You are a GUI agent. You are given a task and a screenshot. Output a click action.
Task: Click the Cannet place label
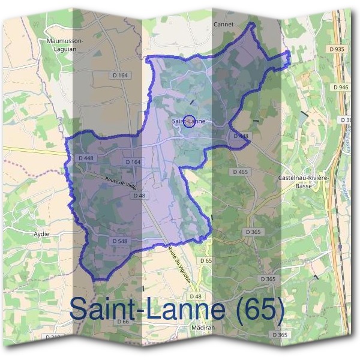point(223,25)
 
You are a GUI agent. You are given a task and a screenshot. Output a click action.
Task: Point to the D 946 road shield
point(340,87)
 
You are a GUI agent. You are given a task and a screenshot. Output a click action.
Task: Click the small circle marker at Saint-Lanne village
point(188,121)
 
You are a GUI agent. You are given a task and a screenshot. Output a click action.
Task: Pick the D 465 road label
point(239,172)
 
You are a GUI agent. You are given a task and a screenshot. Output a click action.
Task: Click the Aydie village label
point(42,233)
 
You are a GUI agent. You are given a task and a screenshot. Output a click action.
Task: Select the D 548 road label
point(119,241)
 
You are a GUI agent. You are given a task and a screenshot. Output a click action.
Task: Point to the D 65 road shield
point(206,260)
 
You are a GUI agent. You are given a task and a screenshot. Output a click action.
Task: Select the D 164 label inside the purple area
point(133,162)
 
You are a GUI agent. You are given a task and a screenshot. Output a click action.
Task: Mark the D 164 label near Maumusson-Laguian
point(121,75)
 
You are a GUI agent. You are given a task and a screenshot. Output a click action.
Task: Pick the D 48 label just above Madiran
point(196,296)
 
